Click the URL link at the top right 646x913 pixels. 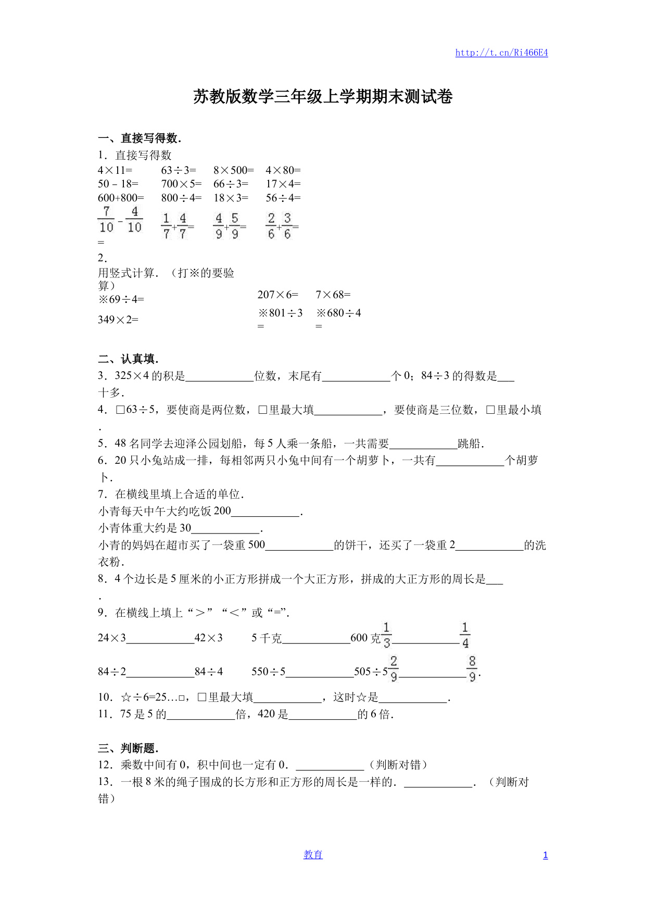(x=501, y=53)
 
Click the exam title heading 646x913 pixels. (x=323, y=97)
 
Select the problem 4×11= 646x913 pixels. (x=115, y=170)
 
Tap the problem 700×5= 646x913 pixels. (x=181, y=184)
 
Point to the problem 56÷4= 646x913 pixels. (x=283, y=198)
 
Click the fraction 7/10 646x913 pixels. (x=106, y=220)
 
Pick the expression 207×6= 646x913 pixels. (x=278, y=295)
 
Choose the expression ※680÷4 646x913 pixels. (x=339, y=313)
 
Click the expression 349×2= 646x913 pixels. (x=118, y=320)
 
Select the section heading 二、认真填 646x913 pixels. (x=128, y=359)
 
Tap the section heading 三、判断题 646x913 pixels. (x=128, y=748)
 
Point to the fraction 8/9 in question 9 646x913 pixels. (x=472, y=669)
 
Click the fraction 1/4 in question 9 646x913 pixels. (x=465, y=636)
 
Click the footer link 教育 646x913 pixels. (x=313, y=855)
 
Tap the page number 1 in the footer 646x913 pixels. (x=545, y=855)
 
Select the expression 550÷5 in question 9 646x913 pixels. (x=269, y=671)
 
